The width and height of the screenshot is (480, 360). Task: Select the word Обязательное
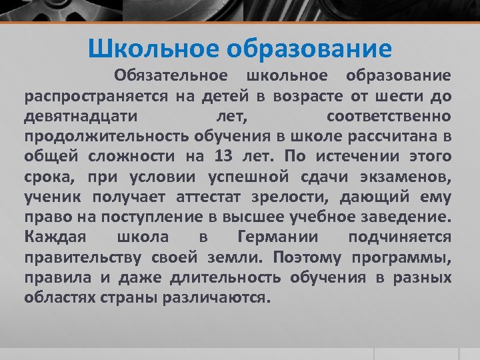tap(170, 76)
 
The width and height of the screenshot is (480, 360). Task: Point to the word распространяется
tap(96, 96)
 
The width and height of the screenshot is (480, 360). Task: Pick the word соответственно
tap(389, 116)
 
